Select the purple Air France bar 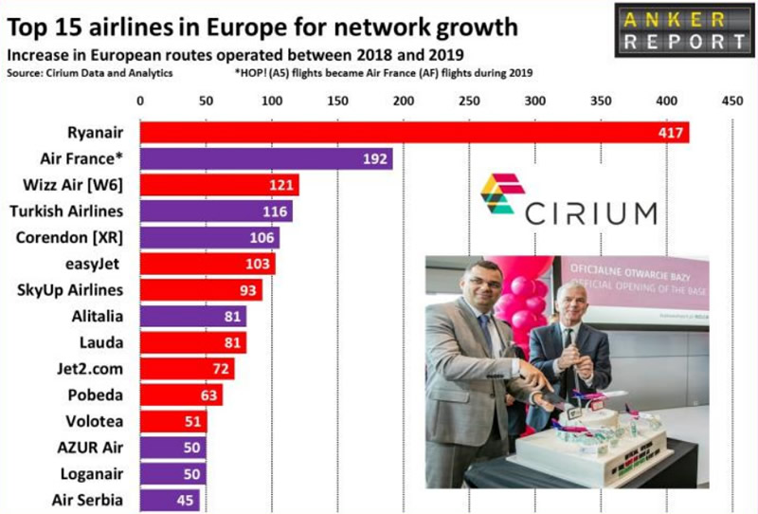266,158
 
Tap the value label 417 672,132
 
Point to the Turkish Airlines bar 216,211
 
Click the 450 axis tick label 731,100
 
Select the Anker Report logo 683,29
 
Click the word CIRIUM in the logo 591,212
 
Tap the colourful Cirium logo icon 502,193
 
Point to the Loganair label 89,471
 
